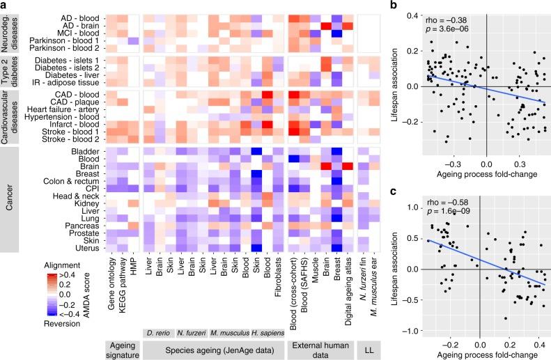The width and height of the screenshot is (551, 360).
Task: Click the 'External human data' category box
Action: [319, 345]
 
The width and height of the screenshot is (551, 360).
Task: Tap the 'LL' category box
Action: [374, 345]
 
